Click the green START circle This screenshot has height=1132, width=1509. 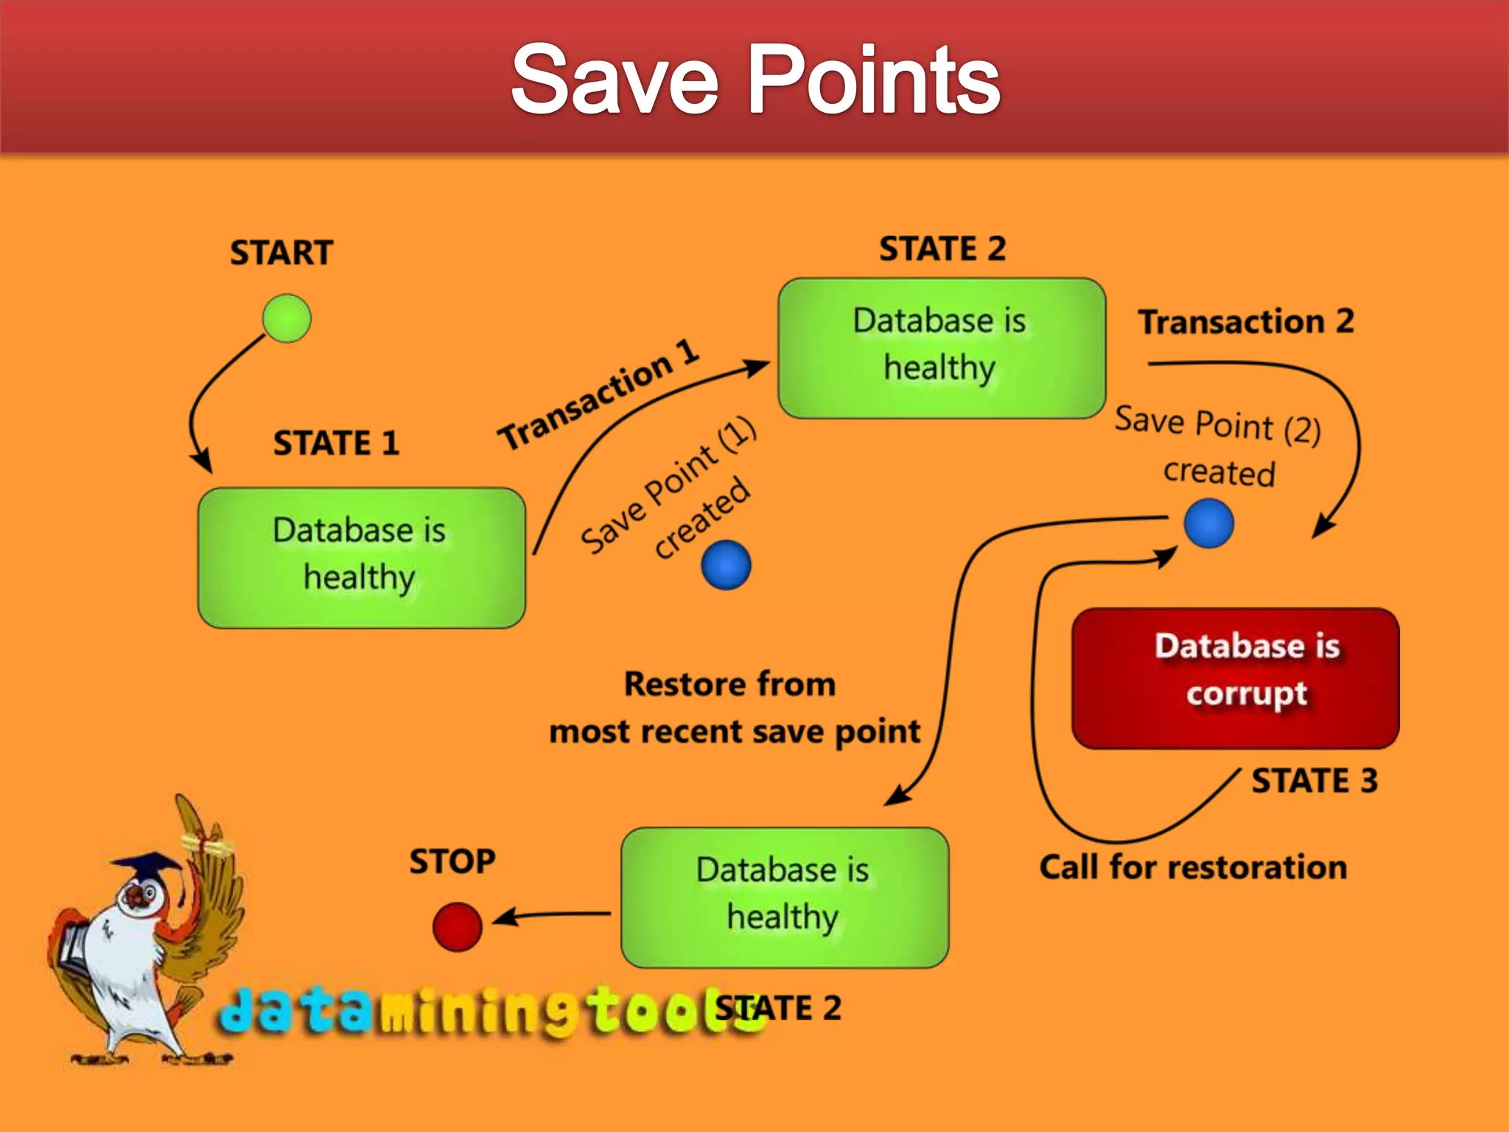pos(287,318)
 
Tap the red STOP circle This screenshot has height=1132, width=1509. pos(457,926)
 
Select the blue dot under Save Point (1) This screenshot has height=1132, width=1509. pos(726,565)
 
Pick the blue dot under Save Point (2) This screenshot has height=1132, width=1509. pos(1208,523)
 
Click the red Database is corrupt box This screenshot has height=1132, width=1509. pos(1236,678)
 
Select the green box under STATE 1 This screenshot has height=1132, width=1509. pos(361,558)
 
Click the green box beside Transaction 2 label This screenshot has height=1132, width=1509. pos(942,348)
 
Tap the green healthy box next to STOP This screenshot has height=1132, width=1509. pos(785,897)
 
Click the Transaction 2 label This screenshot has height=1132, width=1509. pos(1246,321)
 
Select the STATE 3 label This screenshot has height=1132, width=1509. pos(1314,780)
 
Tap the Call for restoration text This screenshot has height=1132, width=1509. pos(1193,867)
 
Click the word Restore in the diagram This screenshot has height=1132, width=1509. pos(674,684)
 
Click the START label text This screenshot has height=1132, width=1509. pos(281,253)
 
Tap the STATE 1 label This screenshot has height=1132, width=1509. pos(336,443)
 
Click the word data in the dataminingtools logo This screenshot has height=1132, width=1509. pos(295,1010)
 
